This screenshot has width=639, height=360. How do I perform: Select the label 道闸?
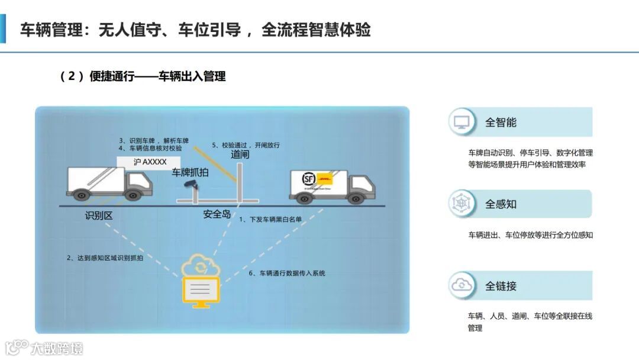[x=240, y=155]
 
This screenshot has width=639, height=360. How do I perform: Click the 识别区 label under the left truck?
[x=99, y=216]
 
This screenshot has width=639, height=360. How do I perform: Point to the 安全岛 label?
[x=217, y=214]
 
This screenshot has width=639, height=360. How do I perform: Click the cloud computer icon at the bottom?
[x=202, y=281]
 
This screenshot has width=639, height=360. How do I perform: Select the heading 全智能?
[x=501, y=123]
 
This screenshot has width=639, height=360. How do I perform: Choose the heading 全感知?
[x=501, y=204]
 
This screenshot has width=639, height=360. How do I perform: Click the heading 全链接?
[x=501, y=286]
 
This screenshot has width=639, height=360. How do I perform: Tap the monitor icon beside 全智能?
[x=461, y=122]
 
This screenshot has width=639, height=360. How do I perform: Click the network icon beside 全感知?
[x=461, y=204]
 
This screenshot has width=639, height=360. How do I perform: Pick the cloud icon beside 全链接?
[x=461, y=285]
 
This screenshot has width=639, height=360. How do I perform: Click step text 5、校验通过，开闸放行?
[x=246, y=145]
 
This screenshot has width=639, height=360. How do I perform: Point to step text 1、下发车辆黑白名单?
[x=270, y=219]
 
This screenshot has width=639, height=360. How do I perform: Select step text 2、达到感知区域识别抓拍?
[x=105, y=258]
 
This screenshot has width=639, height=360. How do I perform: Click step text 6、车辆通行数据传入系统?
[x=286, y=273]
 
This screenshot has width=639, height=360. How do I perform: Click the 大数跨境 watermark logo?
[x=44, y=347]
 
